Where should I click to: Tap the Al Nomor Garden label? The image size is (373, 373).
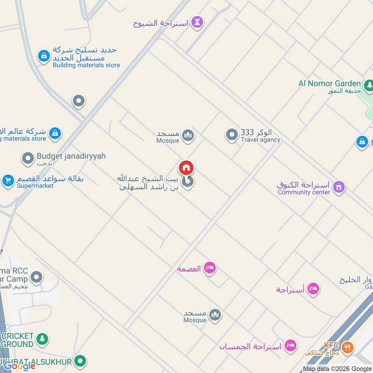pyautogui.click(x=330, y=83)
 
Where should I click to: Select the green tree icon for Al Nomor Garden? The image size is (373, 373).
pyautogui.click(x=369, y=85)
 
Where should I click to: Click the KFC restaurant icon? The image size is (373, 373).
pyautogui.click(x=347, y=347)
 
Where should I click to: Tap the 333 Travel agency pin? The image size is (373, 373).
pyautogui.click(x=231, y=135)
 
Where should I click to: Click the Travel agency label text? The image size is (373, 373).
pyautogui.click(x=261, y=139)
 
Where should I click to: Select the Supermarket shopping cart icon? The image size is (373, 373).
pyautogui.click(x=7, y=180)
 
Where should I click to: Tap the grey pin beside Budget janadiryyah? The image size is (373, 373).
pyautogui.click(x=28, y=159)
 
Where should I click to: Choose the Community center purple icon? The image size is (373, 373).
pyautogui.click(x=339, y=187)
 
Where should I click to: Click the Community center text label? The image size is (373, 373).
pyautogui.click(x=304, y=192)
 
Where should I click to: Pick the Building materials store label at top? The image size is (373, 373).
pyautogui.click(x=86, y=65)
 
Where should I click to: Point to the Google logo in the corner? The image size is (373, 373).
pyautogui.click(x=20, y=366)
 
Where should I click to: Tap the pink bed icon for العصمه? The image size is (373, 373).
pyautogui.click(x=210, y=268)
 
